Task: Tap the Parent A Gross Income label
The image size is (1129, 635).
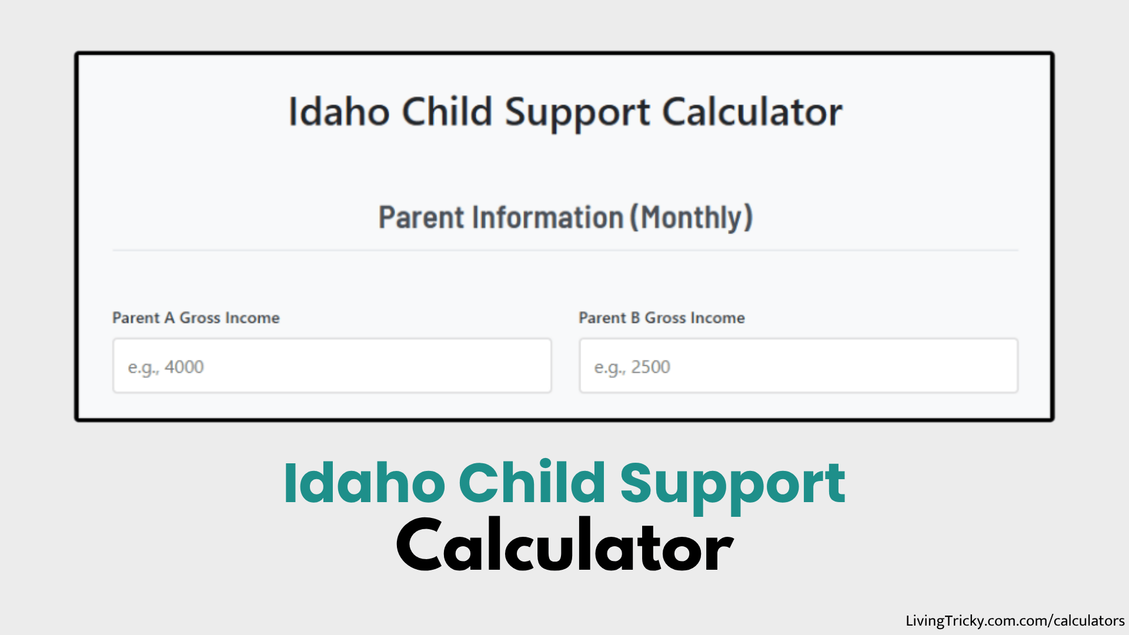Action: (196, 318)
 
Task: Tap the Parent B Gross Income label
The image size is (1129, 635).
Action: (662, 318)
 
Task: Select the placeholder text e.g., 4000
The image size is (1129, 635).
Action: (166, 367)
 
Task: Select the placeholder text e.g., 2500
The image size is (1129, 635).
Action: (632, 367)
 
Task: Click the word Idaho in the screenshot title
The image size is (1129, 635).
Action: (339, 112)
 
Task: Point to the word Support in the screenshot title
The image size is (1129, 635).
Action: (577, 113)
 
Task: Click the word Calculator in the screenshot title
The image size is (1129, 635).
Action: (752, 112)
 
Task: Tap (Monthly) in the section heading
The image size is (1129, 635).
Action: (692, 218)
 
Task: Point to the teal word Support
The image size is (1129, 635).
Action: (732, 484)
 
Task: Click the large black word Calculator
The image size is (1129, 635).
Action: (564, 547)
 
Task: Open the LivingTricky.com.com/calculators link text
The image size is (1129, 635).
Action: (1014, 621)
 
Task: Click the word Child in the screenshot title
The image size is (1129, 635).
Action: (447, 112)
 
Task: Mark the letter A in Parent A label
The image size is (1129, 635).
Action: (169, 318)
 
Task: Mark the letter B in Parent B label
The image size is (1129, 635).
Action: (635, 318)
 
